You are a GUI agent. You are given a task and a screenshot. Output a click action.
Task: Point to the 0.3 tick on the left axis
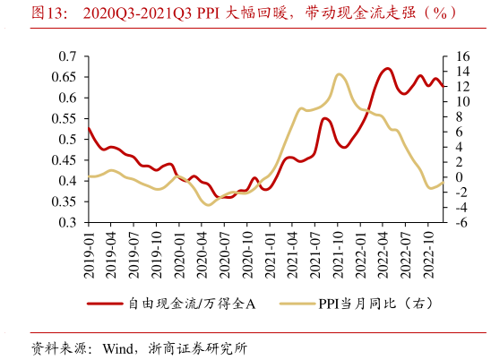coord(68,224)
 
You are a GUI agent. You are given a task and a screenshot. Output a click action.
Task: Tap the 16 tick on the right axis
coord(460,56)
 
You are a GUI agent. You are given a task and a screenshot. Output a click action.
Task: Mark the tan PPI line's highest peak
coord(340,74)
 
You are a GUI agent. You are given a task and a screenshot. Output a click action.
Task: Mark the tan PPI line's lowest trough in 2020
coord(209,204)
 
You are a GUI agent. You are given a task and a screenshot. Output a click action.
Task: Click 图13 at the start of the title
coord(47,13)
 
